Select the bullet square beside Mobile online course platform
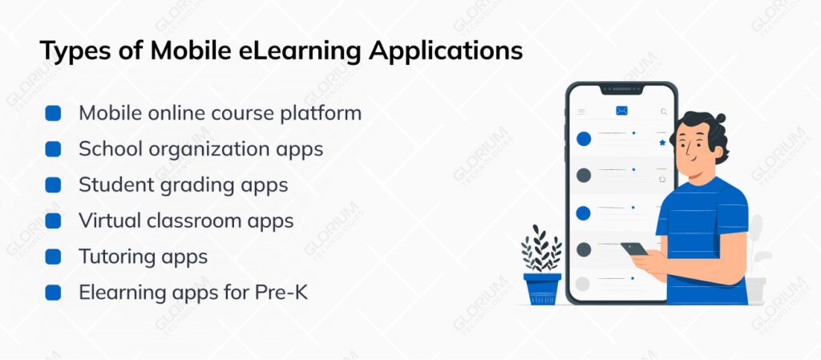[x=53, y=113]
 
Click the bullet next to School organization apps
[x=53, y=149]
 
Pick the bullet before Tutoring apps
[x=53, y=257]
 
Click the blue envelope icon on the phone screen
[x=621, y=111]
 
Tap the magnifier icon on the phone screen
[x=663, y=112]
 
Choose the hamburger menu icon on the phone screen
[x=581, y=112]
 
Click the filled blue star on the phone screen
[x=662, y=143]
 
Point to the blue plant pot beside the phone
[x=542, y=287]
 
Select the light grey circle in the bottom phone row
[x=583, y=283]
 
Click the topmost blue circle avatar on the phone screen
[x=584, y=139]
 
